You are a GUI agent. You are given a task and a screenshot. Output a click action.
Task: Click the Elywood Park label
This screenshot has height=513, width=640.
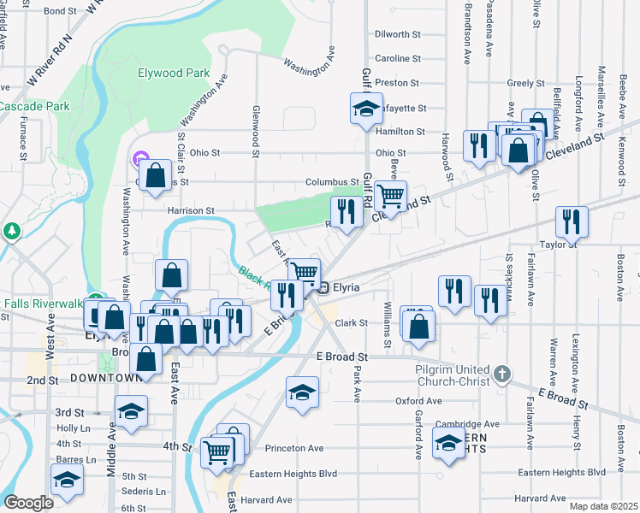(x=174, y=74)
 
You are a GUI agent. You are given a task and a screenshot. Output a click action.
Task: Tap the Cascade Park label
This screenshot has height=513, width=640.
(x=34, y=106)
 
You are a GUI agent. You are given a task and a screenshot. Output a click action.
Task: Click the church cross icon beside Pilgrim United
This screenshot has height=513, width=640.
(x=502, y=374)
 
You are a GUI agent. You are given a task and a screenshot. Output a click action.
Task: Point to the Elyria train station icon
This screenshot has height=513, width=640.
(x=323, y=287)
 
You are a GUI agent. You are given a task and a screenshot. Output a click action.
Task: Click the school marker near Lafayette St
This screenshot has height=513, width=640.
(x=365, y=109)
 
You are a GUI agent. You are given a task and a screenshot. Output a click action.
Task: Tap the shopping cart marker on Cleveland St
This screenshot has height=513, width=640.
(x=390, y=196)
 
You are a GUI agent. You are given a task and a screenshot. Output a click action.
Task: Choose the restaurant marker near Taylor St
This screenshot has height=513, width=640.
(x=571, y=221)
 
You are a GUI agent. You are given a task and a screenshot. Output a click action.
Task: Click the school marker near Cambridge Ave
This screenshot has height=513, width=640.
(x=448, y=444)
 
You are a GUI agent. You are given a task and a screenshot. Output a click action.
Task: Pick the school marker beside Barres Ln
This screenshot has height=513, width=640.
(x=66, y=481)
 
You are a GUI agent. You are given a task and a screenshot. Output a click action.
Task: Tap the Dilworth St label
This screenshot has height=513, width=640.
(x=398, y=35)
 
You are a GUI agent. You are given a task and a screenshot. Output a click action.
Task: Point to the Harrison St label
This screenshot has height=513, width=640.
(x=190, y=210)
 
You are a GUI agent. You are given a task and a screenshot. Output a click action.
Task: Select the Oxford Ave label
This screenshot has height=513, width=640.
(x=418, y=401)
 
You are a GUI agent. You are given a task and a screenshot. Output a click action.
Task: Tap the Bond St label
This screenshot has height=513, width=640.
(x=60, y=11)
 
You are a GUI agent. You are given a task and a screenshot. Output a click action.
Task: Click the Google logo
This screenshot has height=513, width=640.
(x=28, y=503)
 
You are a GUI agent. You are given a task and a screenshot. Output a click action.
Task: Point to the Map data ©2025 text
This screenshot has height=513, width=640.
(x=602, y=506)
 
